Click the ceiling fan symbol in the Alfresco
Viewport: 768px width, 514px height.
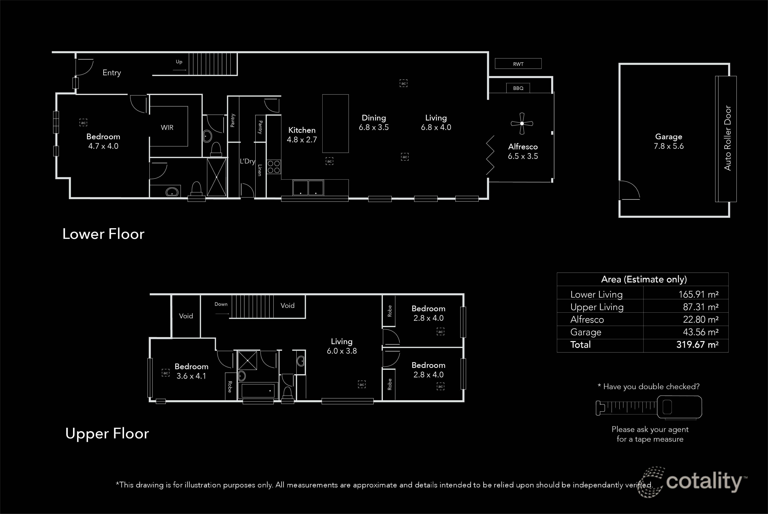(522, 124)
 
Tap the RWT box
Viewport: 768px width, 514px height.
(518, 64)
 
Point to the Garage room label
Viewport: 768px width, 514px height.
(669, 137)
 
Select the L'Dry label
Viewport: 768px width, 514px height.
(247, 161)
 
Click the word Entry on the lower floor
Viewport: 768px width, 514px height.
(111, 73)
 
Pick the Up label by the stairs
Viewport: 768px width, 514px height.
(179, 62)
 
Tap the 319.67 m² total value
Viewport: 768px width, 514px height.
(697, 345)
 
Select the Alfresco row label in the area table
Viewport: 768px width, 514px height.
(587, 319)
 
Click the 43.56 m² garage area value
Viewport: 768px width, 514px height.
(700, 332)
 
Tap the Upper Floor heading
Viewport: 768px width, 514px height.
(107, 433)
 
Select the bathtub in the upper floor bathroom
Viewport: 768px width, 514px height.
(258, 391)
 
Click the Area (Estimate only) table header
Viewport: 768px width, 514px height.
(644, 279)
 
